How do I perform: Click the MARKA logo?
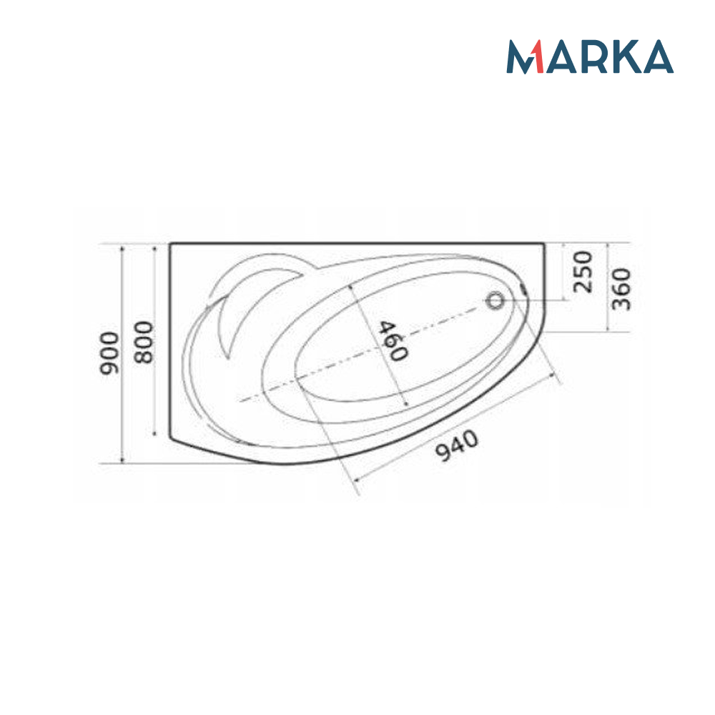tap(590, 56)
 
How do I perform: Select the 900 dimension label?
tap(109, 353)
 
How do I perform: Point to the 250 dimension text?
tap(584, 271)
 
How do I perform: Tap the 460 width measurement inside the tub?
tap(393, 340)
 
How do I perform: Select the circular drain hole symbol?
tap(495, 300)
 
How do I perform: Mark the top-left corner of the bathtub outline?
tap(170, 244)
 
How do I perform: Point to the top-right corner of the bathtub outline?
tap(545, 244)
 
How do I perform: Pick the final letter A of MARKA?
tap(657, 57)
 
